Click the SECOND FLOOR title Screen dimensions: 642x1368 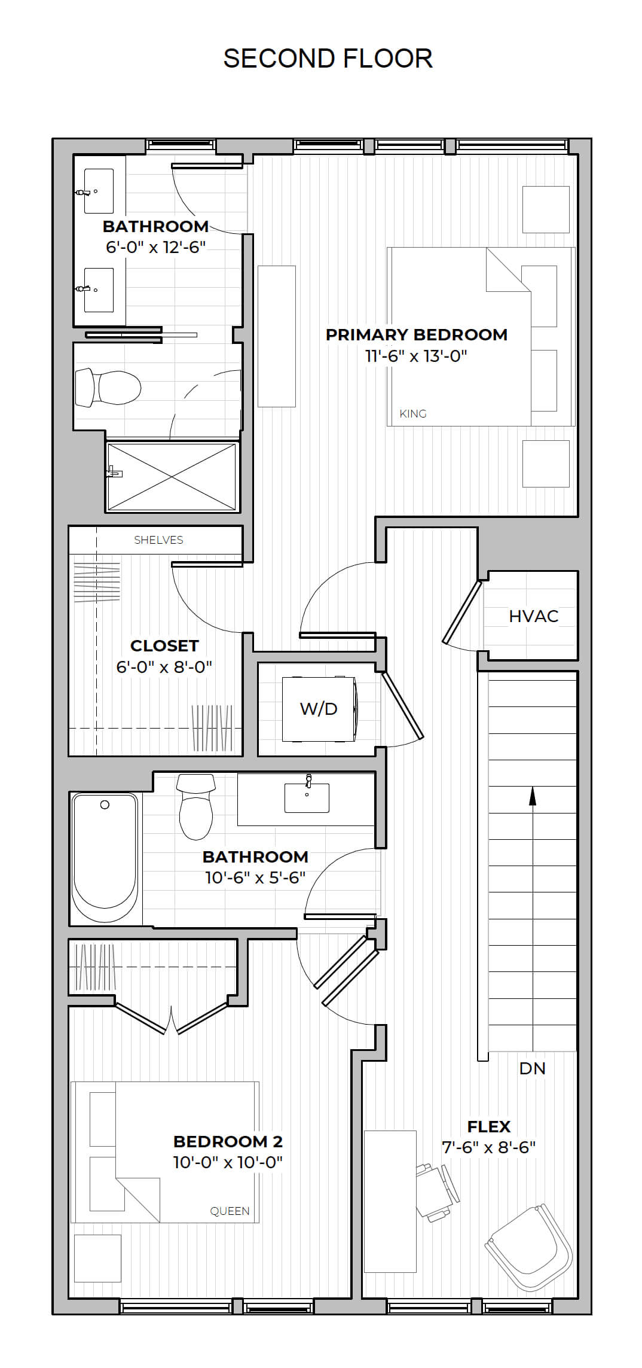(x=328, y=59)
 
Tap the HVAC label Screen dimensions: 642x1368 (x=534, y=616)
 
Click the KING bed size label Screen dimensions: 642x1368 (x=413, y=413)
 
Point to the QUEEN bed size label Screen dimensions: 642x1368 (x=230, y=1211)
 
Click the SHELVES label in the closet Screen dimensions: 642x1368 (x=158, y=540)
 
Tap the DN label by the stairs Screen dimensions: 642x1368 (x=532, y=1068)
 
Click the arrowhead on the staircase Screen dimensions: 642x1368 (x=532, y=796)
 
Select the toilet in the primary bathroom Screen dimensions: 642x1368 (x=108, y=388)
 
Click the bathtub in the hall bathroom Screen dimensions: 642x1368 (x=105, y=858)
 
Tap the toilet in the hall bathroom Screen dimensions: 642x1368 (x=196, y=807)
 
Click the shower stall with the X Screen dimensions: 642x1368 (x=172, y=477)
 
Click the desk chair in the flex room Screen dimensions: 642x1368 (x=438, y=1190)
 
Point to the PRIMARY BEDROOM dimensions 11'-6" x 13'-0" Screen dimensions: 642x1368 (x=416, y=356)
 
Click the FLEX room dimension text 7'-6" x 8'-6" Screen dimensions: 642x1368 (x=488, y=1147)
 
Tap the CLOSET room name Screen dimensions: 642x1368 (x=164, y=646)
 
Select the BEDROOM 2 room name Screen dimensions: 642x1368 (x=228, y=1141)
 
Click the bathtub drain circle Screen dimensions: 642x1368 (x=105, y=805)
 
